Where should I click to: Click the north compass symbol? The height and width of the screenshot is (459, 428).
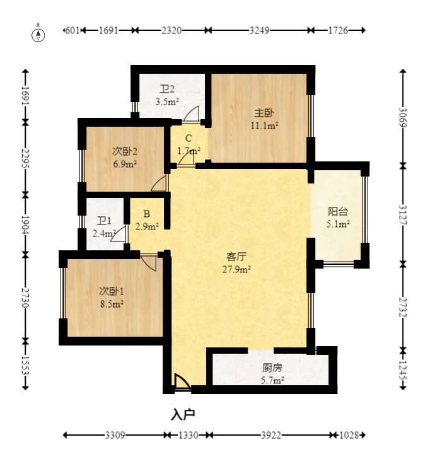click(38, 35)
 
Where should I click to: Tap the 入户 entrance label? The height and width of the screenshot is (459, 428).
click(183, 414)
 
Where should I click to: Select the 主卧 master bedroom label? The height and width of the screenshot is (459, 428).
click(264, 113)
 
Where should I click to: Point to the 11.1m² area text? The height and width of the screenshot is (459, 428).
click(264, 125)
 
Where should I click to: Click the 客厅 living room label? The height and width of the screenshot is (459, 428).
click(236, 257)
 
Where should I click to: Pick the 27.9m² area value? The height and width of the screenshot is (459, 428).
click(236, 269)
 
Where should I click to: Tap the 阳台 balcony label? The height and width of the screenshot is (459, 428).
click(338, 211)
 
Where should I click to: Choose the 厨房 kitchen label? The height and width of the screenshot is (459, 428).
click(272, 368)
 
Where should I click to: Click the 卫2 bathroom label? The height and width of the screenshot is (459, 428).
click(167, 89)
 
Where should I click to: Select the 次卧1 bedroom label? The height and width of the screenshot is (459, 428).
click(111, 291)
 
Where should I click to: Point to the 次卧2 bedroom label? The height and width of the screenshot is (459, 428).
click(125, 151)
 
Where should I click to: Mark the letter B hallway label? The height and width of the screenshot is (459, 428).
click(147, 214)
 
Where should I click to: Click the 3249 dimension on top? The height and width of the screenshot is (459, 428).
click(259, 30)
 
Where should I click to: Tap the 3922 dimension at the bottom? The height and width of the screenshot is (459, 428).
click(271, 435)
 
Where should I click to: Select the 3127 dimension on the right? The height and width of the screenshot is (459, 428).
click(403, 215)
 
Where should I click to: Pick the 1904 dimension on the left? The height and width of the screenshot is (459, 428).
click(25, 225)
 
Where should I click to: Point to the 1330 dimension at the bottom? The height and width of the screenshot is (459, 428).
click(188, 435)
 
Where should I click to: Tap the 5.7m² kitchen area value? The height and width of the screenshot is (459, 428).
click(272, 380)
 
